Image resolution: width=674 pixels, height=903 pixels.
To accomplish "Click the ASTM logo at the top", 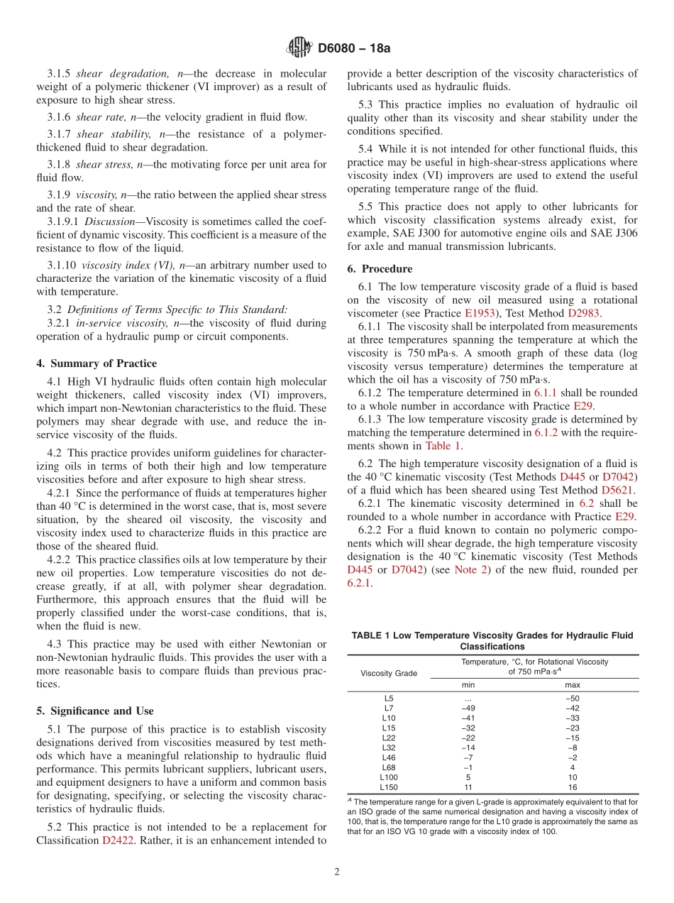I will click(x=298, y=48).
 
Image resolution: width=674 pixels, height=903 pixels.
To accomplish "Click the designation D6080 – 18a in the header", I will click(x=354, y=48).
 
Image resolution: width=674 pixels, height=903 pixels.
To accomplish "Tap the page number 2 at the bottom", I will click(x=337, y=872).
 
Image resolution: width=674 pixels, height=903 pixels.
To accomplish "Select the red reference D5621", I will click(x=618, y=490).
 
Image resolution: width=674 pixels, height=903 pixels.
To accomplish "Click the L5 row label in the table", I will click(x=388, y=698).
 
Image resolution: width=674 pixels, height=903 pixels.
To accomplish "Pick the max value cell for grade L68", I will click(x=572, y=767).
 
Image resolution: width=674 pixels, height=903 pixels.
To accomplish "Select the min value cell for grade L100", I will click(x=468, y=777).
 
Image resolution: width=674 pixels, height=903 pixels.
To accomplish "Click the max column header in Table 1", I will click(x=572, y=685).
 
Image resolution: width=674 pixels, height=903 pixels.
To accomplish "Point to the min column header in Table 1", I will click(x=468, y=685).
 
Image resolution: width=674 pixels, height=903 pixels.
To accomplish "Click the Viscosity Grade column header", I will click(x=389, y=673).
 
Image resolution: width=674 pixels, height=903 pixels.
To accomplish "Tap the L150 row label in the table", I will click(x=388, y=787).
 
